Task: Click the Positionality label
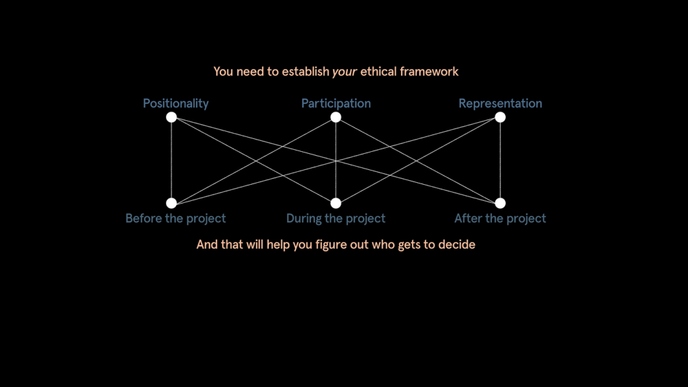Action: pyautogui.click(x=175, y=103)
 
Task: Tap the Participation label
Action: pyautogui.click(x=336, y=103)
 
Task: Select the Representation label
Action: pyautogui.click(x=500, y=103)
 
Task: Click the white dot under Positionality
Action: pyautogui.click(x=171, y=117)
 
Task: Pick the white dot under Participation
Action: pyautogui.click(x=336, y=117)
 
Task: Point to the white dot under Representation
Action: pyautogui.click(x=500, y=117)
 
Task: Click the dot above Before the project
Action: pyautogui.click(x=171, y=203)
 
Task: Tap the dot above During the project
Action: pyautogui.click(x=336, y=203)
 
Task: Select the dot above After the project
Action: pyautogui.click(x=500, y=203)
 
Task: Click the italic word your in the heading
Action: pyautogui.click(x=345, y=72)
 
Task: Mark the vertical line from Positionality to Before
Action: pyautogui.click(x=171, y=160)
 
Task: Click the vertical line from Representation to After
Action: pyautogui.click(x=500, y=160)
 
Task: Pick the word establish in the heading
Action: pyautogui.click(x=306, y=71)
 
